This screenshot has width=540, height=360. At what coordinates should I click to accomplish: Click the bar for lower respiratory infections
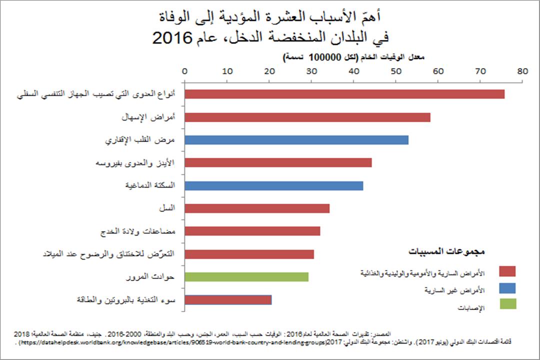pos(344,94)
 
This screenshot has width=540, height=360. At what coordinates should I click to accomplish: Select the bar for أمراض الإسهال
pos(307,117)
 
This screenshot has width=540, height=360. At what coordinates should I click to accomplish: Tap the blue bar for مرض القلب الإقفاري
pos(296,140)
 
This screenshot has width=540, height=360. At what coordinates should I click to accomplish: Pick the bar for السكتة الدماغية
pos(274,186)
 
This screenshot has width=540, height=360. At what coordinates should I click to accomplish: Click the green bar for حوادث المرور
pos(246,277)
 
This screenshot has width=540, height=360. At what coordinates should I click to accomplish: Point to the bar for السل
pos(257,208)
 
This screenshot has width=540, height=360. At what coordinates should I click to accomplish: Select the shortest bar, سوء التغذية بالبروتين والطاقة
pos(228,300)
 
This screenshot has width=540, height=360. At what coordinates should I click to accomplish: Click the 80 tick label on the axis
pos(523,71)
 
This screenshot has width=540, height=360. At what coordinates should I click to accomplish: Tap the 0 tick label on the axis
pos(185,71)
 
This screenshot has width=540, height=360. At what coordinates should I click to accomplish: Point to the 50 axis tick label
pos(396,71)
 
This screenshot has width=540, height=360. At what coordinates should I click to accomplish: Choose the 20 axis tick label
pos(269,71)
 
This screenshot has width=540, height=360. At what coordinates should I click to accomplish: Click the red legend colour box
pos(507,271)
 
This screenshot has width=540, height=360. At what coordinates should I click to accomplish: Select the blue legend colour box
pos(507,287)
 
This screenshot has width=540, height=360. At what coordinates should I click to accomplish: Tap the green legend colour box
pos(507,304)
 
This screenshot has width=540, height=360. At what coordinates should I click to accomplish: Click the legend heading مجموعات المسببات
pos(447,250)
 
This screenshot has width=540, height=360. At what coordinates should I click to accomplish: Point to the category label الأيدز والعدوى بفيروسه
pos(137,163)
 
